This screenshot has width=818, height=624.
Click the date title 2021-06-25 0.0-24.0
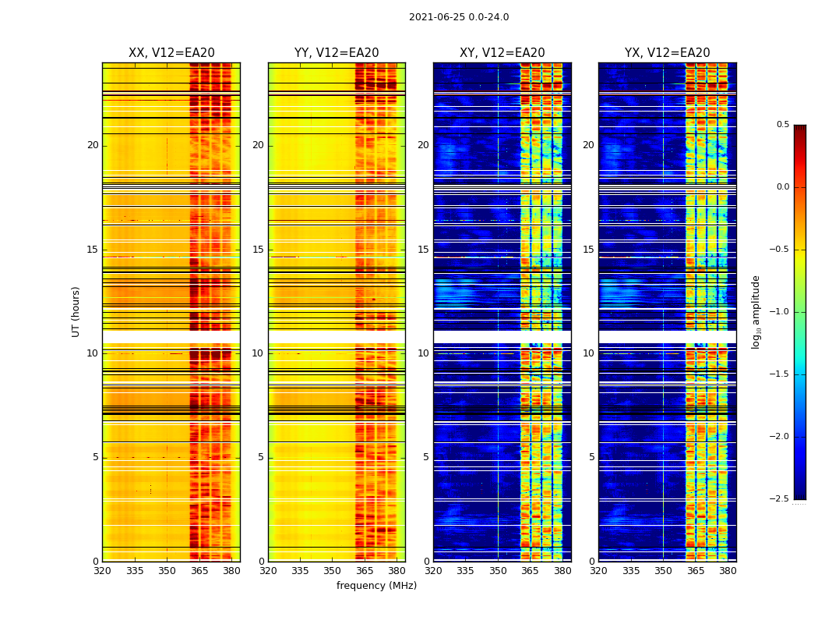pyautogui.click(x=458, y=17)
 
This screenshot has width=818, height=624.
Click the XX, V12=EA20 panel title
pyautogui.click(x=171, y=53)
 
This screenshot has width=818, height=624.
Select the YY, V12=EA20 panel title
pyautogui.click(x=337, y=53)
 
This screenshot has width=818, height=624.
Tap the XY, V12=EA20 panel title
pyautogui.click(x=502, y=53)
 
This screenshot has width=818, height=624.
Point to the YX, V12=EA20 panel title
pyautogui.click(x=667, y=53)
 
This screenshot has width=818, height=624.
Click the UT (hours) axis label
pyautogui.click(x=76, y=311)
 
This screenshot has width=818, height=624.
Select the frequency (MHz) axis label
pyautogui.click(x=376, y=586)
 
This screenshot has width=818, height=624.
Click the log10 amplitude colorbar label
pyautogui.click(x=756, y=311)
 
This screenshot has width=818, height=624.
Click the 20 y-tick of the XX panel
pyautogui.click(x=93, y=145)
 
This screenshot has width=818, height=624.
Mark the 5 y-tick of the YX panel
pyautogui.click(x=591, y=457)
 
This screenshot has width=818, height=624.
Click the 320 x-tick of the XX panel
pyautogui.click(x=102, y=571)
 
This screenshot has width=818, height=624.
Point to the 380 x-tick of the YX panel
pyautogui.click(x=728, y=571)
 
